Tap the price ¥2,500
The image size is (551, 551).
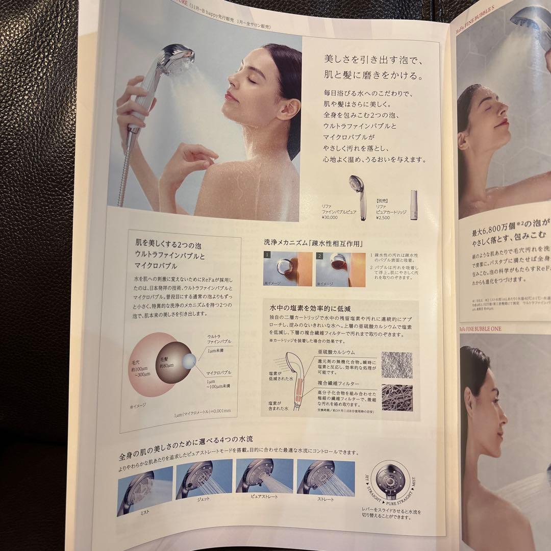[x=383, y=218]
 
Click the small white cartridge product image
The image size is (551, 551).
[x=414, y=205]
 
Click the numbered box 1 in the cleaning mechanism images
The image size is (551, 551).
[x=267, y=254]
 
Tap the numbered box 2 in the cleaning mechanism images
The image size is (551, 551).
[x=320, y=255]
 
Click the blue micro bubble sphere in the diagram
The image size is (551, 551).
[x=189, y=361]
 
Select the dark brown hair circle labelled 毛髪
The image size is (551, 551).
[x=171, y=363]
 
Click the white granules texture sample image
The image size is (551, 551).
[x=397, y=364]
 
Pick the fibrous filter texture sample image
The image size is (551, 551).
[x=397, y=398]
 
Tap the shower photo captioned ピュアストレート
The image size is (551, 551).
[x=264, y=477]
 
